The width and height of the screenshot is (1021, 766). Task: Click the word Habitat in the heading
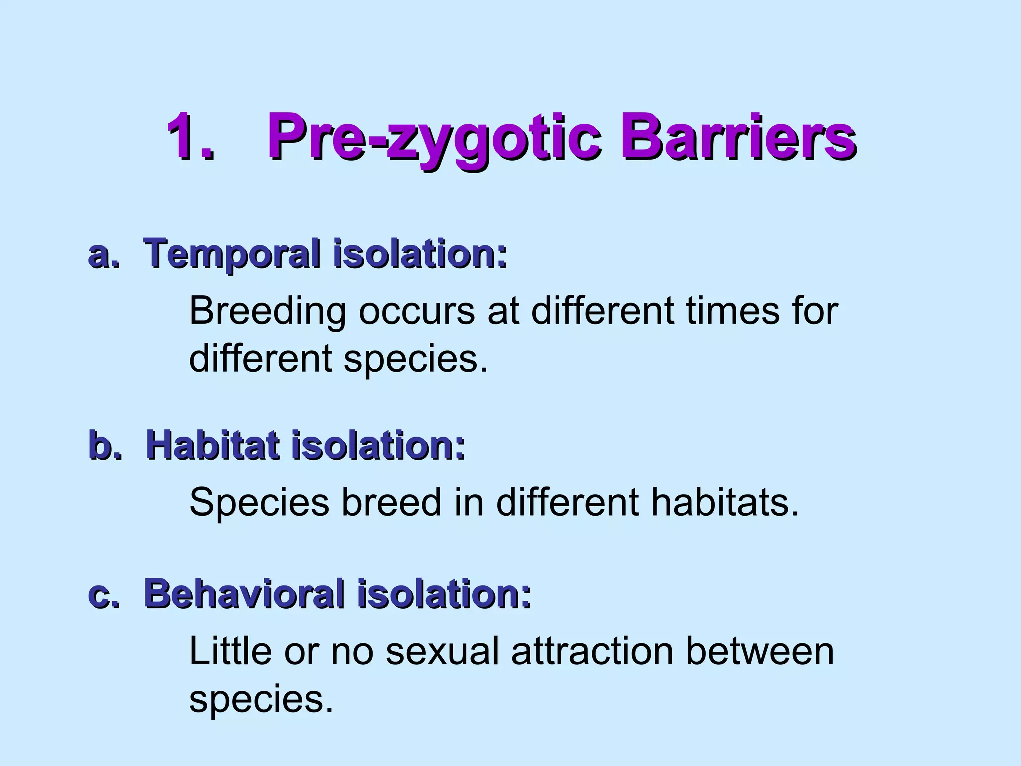point(212,445)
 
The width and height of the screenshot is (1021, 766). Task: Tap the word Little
point(230,651)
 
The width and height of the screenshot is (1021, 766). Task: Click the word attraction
point(592,651)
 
